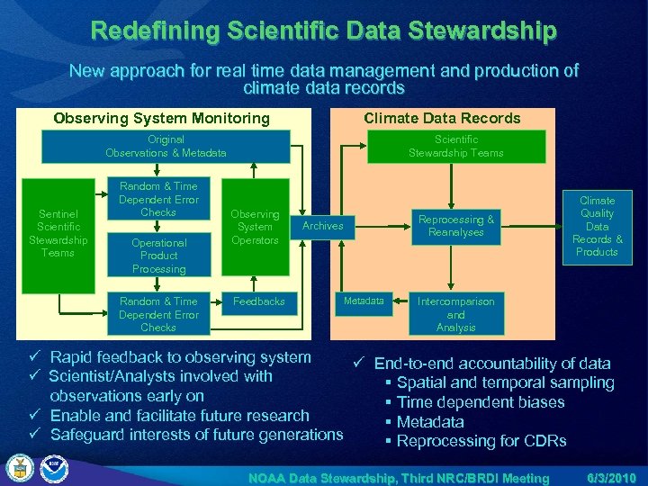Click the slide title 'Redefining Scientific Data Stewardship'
pyautogui.click(x=323, y=31)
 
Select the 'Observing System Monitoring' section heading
pyautogui.click(x=162, y=118)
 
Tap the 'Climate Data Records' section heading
pyautogui.click(x=442, y=118)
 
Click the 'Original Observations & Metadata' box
pyautogui.click(x=166, y=146)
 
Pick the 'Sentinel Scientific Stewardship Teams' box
pyautogui.click(x=58, y=234)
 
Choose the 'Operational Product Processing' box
pyautogui.click(x=158, y=256)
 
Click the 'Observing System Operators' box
pyautogui.click(x=255, y=228)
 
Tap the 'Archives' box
pyautogui.click(x=323, y=226)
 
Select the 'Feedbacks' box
pyautogui.click(x=258, y=301)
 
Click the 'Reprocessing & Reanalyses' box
pyautogui.click(x=456, y=226)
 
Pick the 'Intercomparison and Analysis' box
pyautogui.click(x=455, y=314)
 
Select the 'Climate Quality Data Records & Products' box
pyautogui.click(x=598, y=227)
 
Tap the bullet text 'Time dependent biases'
pyautogui.click(x=481, y=402)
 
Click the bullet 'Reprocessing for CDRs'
pyautogui.click(x=481, y=441)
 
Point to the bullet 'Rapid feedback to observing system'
pyautogui.click(x=180, y=357)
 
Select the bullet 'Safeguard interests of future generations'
pyautogui.click(x=196, y=435)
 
